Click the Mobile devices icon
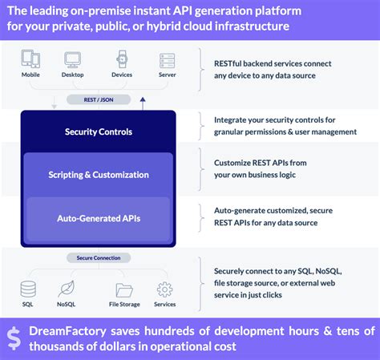click(x=30, y=59)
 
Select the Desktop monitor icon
click(x=72, y=60)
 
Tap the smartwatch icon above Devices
click(x=122, y=59)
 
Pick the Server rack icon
click(x=168, y=60)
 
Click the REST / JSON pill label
click(x=99, y=99)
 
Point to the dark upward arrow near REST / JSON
click(x=143, y=103)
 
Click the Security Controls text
click(x=99, y=131)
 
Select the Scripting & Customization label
click(x=99, y=175)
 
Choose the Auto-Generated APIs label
click(x=99, y=218)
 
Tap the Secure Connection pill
click(x=99, y=258)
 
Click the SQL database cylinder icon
click(x=28, y=289)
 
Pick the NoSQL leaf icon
click(x=67, y=289)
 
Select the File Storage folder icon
click(x=124, y=290)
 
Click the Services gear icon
click(x=164, y=289)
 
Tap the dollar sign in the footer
click(x=14, y=338)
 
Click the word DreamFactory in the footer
click(x=67, y=331)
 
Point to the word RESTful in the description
click(x=228, y=63)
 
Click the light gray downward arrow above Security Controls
click(x=54, y=103)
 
